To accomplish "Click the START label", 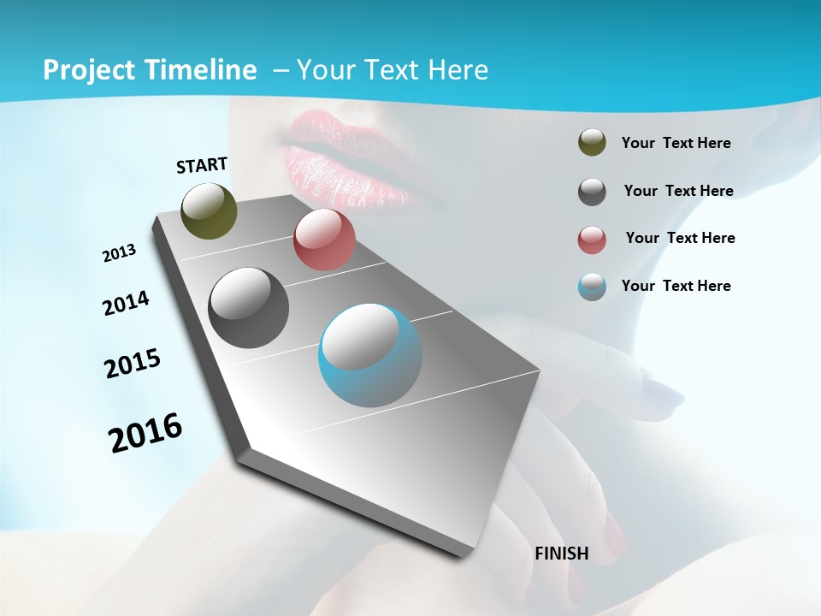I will pos(202,165).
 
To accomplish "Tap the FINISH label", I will pos(561,554).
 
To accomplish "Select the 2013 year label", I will pos(119,253).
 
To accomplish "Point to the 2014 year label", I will pos(126,303).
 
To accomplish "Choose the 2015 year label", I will pos(132,364).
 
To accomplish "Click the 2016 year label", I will pos(145,432).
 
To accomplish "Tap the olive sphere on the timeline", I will pos(210,210).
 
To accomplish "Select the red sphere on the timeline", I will pos(324,240).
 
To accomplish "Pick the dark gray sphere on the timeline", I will pos(248,308).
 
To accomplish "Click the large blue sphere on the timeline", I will pos(370,355).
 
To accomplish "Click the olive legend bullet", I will pos(592,143).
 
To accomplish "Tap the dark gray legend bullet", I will pos(592,192).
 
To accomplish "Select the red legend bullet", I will pos(592,240).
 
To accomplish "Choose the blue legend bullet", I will pos(592,287).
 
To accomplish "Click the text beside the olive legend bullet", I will pos(676,143).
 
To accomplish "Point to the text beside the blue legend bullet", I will pos(676,286).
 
